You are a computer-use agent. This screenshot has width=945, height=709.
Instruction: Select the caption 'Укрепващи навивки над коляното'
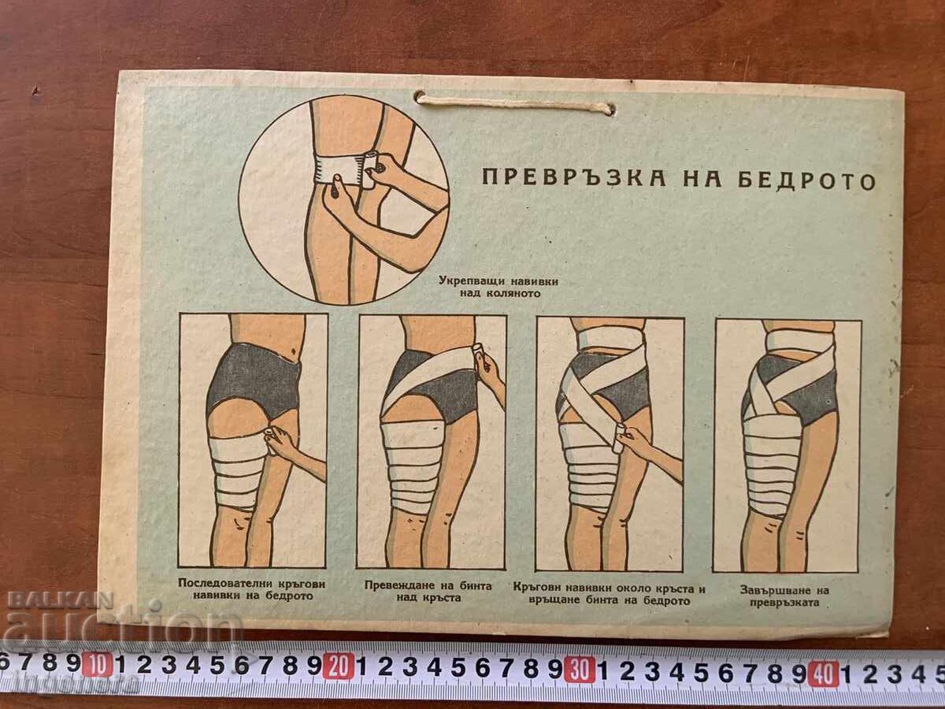point(498,288)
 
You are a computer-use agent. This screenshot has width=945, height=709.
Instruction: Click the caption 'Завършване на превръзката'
point(784,596)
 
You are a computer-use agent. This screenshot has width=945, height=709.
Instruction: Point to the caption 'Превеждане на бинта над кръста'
point(428,592)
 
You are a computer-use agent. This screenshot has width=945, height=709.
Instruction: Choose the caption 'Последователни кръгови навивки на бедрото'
point(252,590)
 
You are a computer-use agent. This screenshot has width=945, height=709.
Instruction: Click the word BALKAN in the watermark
point(61,600)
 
